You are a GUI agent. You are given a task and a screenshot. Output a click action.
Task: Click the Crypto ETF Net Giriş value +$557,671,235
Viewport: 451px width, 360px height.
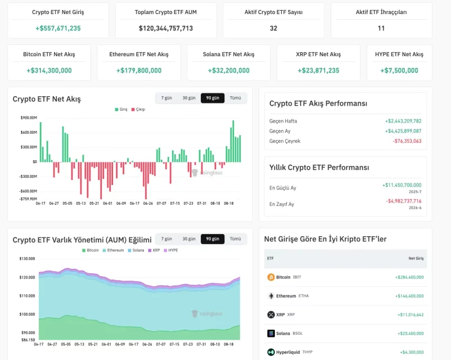point(58,28)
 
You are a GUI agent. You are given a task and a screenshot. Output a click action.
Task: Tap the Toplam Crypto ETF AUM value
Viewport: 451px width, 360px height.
point(166,28)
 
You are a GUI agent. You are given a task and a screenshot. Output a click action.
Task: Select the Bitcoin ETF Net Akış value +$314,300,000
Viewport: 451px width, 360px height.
point(49,70)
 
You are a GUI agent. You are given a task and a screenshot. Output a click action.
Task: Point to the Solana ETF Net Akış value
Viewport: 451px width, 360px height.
point(229,70)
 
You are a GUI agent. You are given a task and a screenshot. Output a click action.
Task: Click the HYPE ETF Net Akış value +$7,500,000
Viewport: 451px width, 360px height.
point(399,70)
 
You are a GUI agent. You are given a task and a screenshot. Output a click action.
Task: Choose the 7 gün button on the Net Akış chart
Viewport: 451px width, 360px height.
point(166,98)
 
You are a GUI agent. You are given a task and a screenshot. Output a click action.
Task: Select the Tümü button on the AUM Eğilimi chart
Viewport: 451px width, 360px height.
point(235,239)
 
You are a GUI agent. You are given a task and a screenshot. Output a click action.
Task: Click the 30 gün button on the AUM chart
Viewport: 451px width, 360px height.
point(189,239)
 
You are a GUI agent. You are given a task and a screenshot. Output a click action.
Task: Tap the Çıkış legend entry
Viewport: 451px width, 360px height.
point(138,109)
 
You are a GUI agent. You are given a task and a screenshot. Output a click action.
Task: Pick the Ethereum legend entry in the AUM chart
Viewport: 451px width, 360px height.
point(114,250)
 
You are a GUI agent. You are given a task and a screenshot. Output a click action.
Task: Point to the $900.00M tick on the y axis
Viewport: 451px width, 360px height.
point(29,118)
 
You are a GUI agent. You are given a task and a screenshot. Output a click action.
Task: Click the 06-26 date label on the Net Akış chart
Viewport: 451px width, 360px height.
point(148,203)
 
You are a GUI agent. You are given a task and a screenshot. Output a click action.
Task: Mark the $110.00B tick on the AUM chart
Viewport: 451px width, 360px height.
point(27,296)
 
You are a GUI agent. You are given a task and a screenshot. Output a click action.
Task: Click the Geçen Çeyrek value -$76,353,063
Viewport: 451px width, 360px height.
point(407,141)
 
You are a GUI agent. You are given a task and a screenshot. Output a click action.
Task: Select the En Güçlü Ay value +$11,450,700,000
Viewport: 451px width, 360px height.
point(402,185)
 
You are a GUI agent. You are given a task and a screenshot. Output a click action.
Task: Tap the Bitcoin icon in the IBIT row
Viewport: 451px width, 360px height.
point(271,277)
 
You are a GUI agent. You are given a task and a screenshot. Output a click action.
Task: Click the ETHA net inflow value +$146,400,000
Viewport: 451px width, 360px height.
point(409,296)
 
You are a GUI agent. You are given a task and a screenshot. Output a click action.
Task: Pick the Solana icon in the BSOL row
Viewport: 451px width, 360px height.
point(271,333)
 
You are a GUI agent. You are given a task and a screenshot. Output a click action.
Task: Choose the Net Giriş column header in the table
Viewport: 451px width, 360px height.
point(416,258)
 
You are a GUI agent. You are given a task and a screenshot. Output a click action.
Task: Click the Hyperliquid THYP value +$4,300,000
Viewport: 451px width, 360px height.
point(412,352)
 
